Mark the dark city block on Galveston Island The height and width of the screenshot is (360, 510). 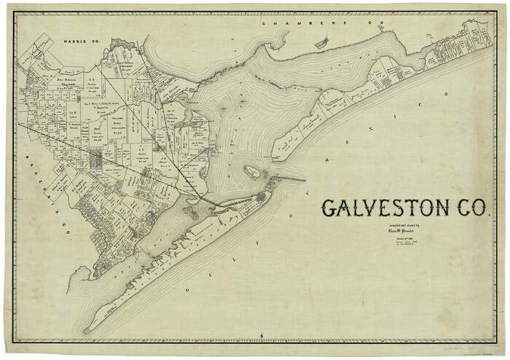click(261, 197)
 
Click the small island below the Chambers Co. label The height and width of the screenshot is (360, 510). click(321, 44)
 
